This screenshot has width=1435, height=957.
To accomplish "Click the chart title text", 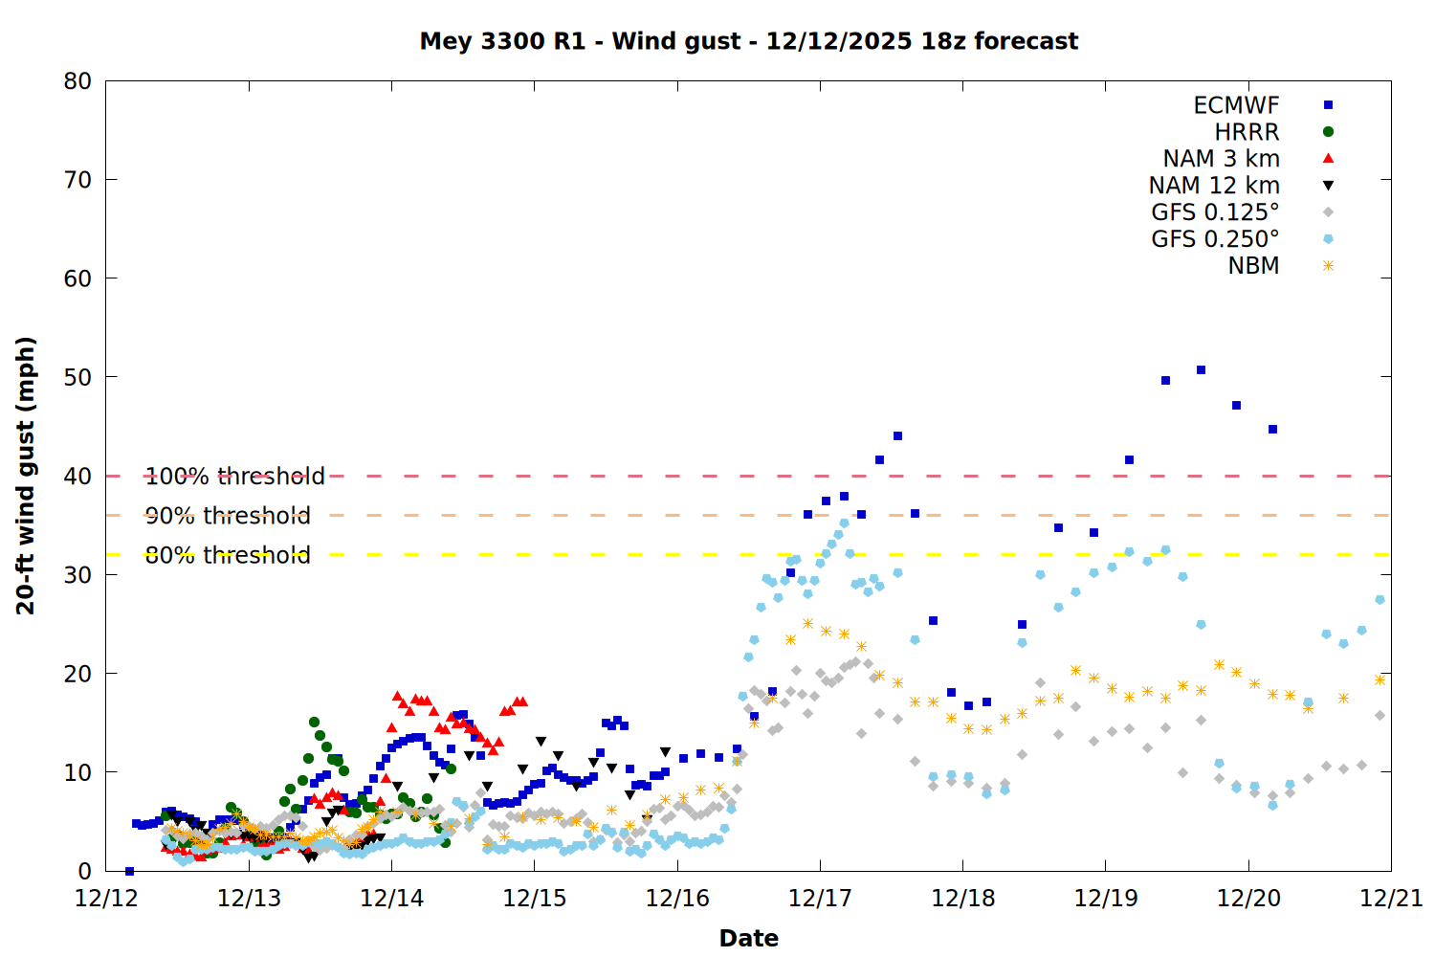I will tap(748, 41).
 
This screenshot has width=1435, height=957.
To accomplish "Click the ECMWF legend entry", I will tap(1236, 105).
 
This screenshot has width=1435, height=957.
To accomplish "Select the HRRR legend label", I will tap(1247, 132).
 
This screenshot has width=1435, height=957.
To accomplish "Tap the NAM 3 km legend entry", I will tap(1221, 159).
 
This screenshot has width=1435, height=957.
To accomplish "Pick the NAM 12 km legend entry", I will tap(1214, 186).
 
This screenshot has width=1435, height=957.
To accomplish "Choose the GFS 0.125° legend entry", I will tap(1215, 212).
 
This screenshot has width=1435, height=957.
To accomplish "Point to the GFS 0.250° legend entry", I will tap(1215, 239).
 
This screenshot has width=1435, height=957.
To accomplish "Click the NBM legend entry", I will tap(1253, 266).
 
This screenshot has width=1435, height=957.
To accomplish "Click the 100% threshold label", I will tap(234, 476).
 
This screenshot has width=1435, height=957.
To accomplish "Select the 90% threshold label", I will tap(228, 516).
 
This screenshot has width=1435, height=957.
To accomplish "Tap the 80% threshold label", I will tap(228, 555).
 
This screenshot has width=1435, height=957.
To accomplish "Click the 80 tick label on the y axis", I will tap(77, 81).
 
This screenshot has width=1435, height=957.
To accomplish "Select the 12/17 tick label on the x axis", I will tap(820, 899).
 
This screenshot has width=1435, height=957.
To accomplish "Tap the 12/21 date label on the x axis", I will tap(1391, 899).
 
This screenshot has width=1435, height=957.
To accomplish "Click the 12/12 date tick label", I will tap(105, 899).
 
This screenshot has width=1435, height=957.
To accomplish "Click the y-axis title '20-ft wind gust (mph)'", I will tap(26, 476).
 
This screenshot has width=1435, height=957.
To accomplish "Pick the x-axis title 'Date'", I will tap(748, 938).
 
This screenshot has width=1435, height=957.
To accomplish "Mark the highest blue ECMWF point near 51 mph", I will tap(1201, 369).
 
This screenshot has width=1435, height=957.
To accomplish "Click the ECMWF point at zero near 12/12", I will tap(129, 871).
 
